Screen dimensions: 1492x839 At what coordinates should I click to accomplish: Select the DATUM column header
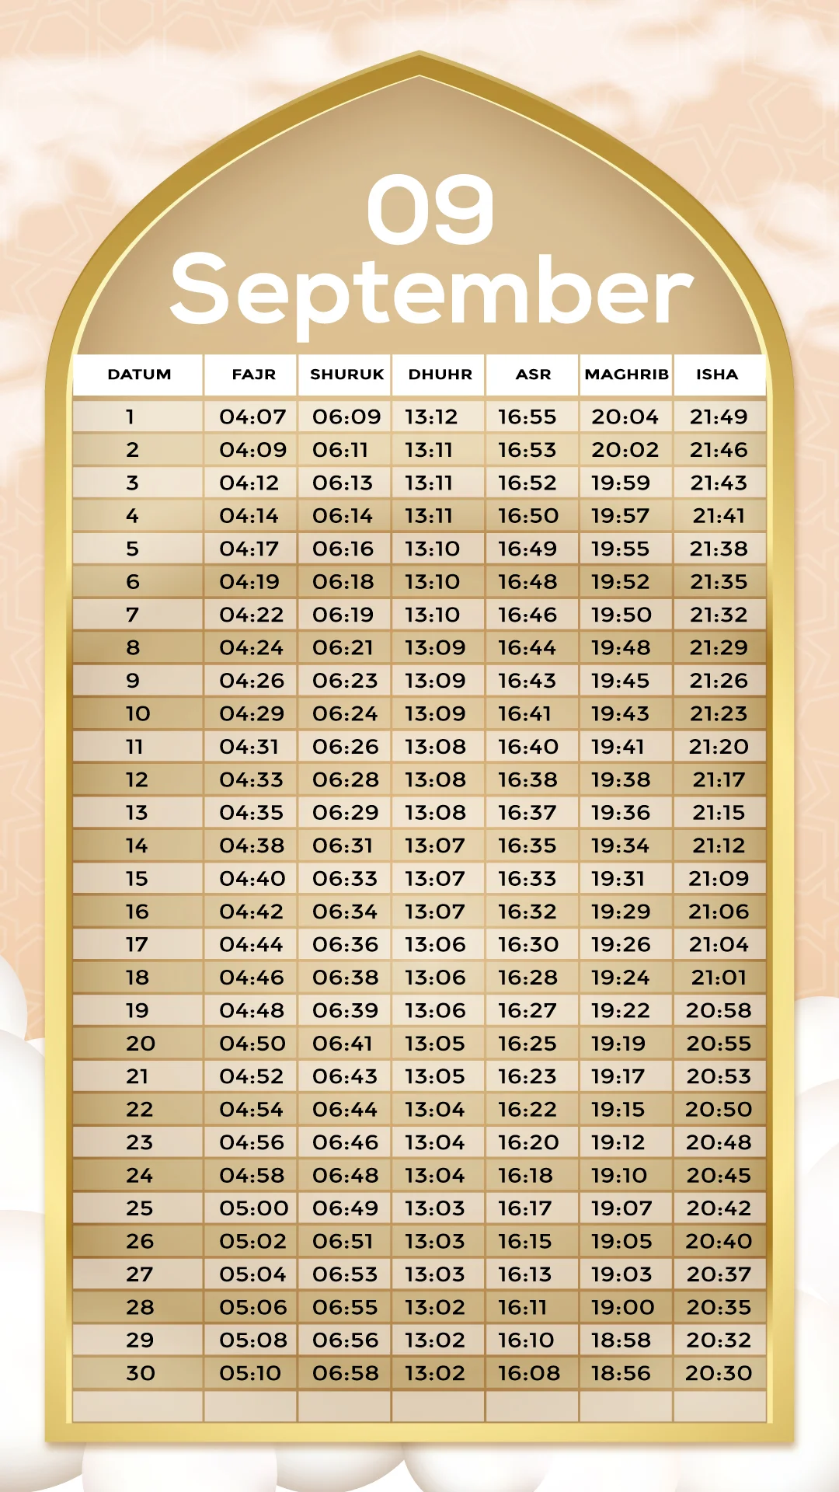click(x=139, y=375)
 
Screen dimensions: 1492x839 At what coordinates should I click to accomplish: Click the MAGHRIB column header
click(x=626, y=375)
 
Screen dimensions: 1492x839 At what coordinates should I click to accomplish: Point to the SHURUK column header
click(x=346, y=375)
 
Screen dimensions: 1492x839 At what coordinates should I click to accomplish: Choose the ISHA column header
click(x=717, y=375)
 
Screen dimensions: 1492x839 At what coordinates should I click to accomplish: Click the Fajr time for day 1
click(x=252, y=417)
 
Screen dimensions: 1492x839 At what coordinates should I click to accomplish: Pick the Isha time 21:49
click(x=719, y=417)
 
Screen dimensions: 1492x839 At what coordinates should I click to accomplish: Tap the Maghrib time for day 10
click(x=620, y=714)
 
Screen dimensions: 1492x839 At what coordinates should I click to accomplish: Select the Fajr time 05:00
click(x=253, y=1208)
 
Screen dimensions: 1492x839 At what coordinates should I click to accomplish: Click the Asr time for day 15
click(x=527, y=879)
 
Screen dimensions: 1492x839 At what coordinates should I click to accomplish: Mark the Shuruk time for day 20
click(x=343, y=1044)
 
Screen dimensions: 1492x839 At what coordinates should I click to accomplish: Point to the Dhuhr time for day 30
click(x=434, y=1373)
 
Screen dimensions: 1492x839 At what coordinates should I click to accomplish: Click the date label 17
click(x=137, y=945)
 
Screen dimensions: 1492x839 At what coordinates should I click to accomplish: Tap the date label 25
click(x=140, y=1208)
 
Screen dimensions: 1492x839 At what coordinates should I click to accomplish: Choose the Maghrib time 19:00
click(x=622, y=1308)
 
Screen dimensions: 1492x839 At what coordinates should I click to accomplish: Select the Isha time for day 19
click(x=719, y=1011)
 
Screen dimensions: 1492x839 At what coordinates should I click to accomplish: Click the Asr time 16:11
click(x=523, y=1308)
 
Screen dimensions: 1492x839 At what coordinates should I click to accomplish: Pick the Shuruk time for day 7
click(x=343, y=615)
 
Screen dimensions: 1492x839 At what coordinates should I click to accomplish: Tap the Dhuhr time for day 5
click(x=432, y=549)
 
